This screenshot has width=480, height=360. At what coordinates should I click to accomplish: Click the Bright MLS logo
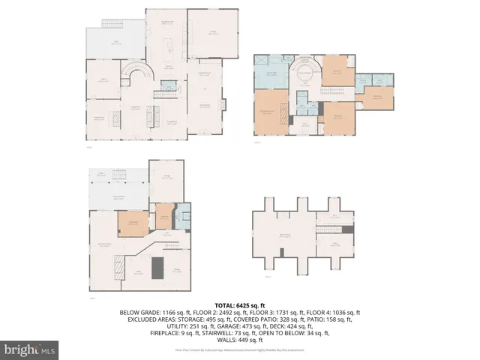30,349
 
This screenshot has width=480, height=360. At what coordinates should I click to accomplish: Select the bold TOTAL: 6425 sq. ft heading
239,304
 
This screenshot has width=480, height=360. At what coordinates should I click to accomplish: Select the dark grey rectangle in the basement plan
157,267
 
